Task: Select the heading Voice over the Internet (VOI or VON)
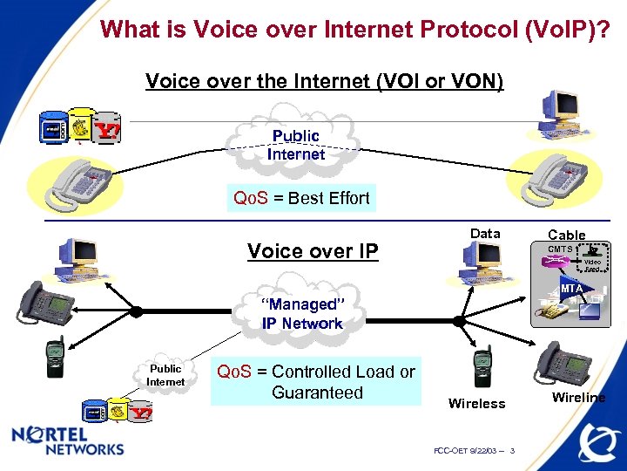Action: click(324, 81)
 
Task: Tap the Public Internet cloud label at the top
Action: click(296, 145)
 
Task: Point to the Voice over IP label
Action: click(313, 252)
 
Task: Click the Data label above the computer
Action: click(485, 233)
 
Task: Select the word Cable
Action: click(566, 235)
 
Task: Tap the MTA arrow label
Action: click(571, 289)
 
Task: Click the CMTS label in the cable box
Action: click(559, 249)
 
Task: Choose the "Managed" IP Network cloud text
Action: click(302, 314)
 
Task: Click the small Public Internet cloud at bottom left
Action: click(165, 376)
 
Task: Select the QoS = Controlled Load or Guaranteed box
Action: click(315, 382)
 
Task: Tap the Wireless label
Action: click(476, 403)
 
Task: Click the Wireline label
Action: click(579, 397)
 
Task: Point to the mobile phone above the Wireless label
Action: click(482, 367)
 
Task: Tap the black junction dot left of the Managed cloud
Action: click(137, 311)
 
